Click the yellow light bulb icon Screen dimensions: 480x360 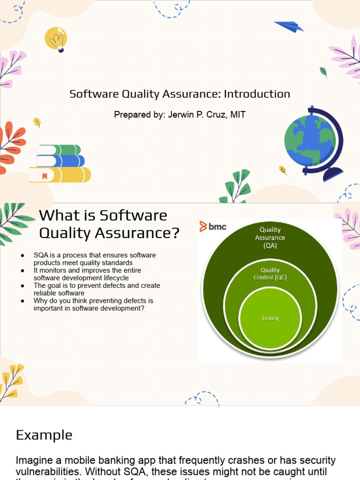56,39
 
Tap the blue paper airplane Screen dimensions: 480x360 289,26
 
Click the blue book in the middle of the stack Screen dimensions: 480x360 61,161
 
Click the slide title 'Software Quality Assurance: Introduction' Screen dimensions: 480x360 180,94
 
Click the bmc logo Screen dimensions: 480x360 213,226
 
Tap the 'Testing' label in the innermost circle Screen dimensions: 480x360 270,318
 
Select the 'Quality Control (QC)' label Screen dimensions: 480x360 270,273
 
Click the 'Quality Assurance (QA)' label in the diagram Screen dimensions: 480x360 270,238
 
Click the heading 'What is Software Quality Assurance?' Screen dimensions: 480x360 109,224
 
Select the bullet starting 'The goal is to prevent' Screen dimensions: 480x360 97,289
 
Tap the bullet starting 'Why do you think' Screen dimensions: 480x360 93,304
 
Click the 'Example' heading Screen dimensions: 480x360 44,435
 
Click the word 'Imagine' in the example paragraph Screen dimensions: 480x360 32,461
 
